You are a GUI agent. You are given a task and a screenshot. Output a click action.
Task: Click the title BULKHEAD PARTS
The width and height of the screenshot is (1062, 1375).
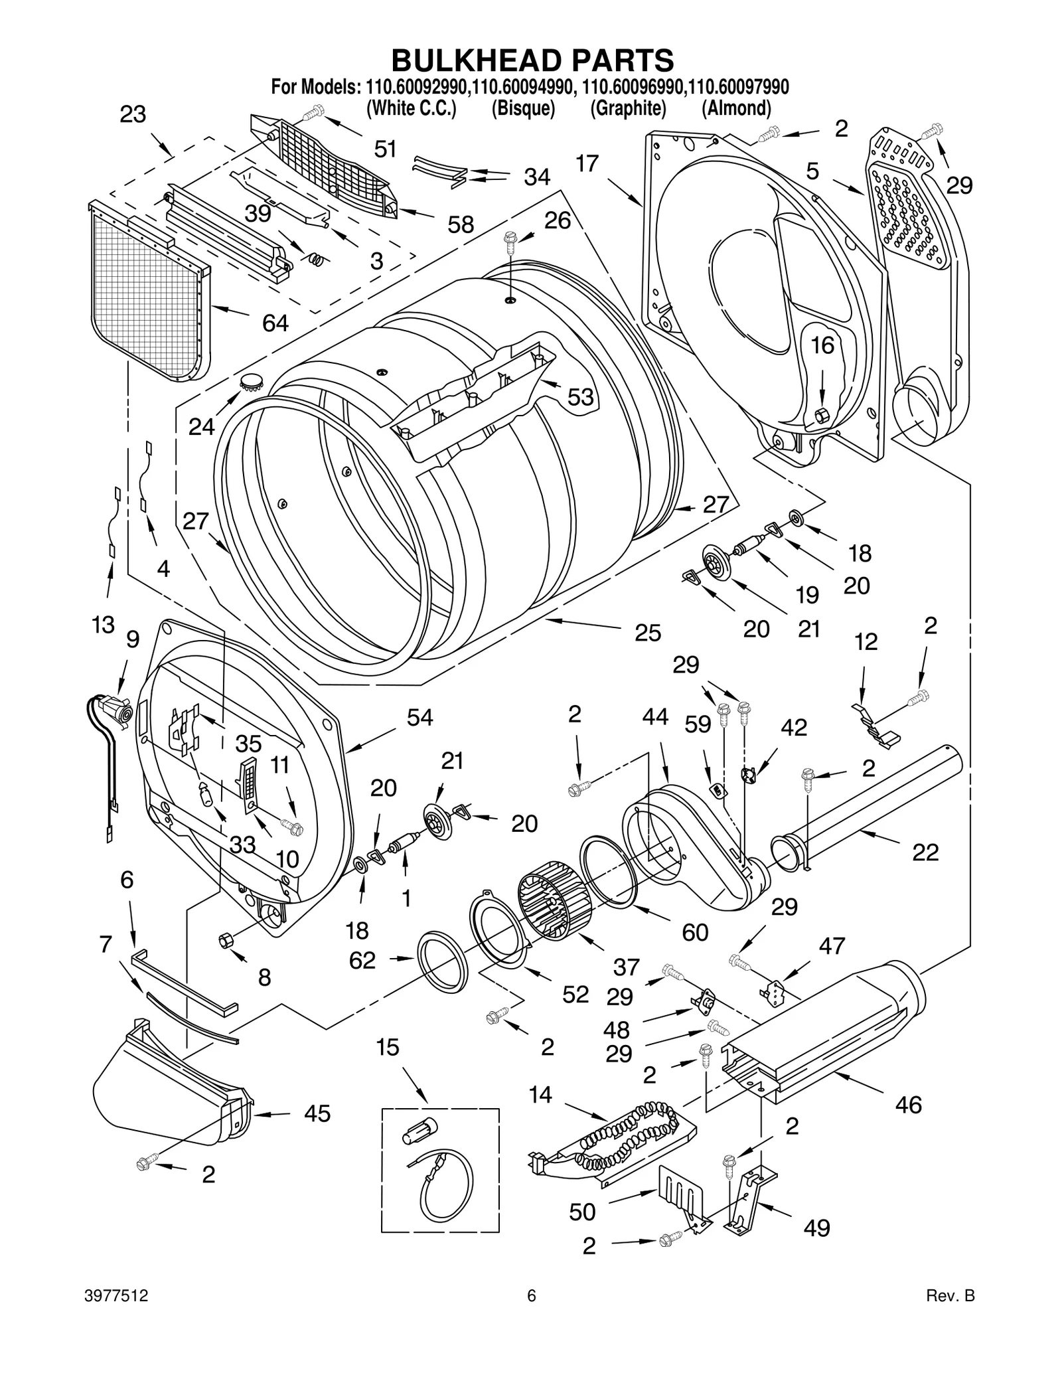[532, 60]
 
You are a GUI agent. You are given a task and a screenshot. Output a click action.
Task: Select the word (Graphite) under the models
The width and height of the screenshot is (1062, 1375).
[628, 108]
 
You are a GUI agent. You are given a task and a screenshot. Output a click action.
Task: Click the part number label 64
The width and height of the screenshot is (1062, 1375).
[275, 323]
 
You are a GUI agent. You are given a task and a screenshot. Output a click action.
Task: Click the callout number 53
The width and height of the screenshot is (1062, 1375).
[580, 397]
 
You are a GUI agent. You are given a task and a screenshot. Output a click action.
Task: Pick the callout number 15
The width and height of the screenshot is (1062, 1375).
[388, 1047]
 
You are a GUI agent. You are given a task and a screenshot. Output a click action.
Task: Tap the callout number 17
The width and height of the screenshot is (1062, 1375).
[587, 163]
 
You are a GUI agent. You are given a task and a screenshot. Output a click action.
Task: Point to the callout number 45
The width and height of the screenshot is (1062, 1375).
[317, 1113]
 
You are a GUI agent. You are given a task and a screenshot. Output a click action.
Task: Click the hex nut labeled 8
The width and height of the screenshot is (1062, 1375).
[224, 940]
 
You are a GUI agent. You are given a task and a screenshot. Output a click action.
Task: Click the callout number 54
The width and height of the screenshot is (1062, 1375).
[419, 717]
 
